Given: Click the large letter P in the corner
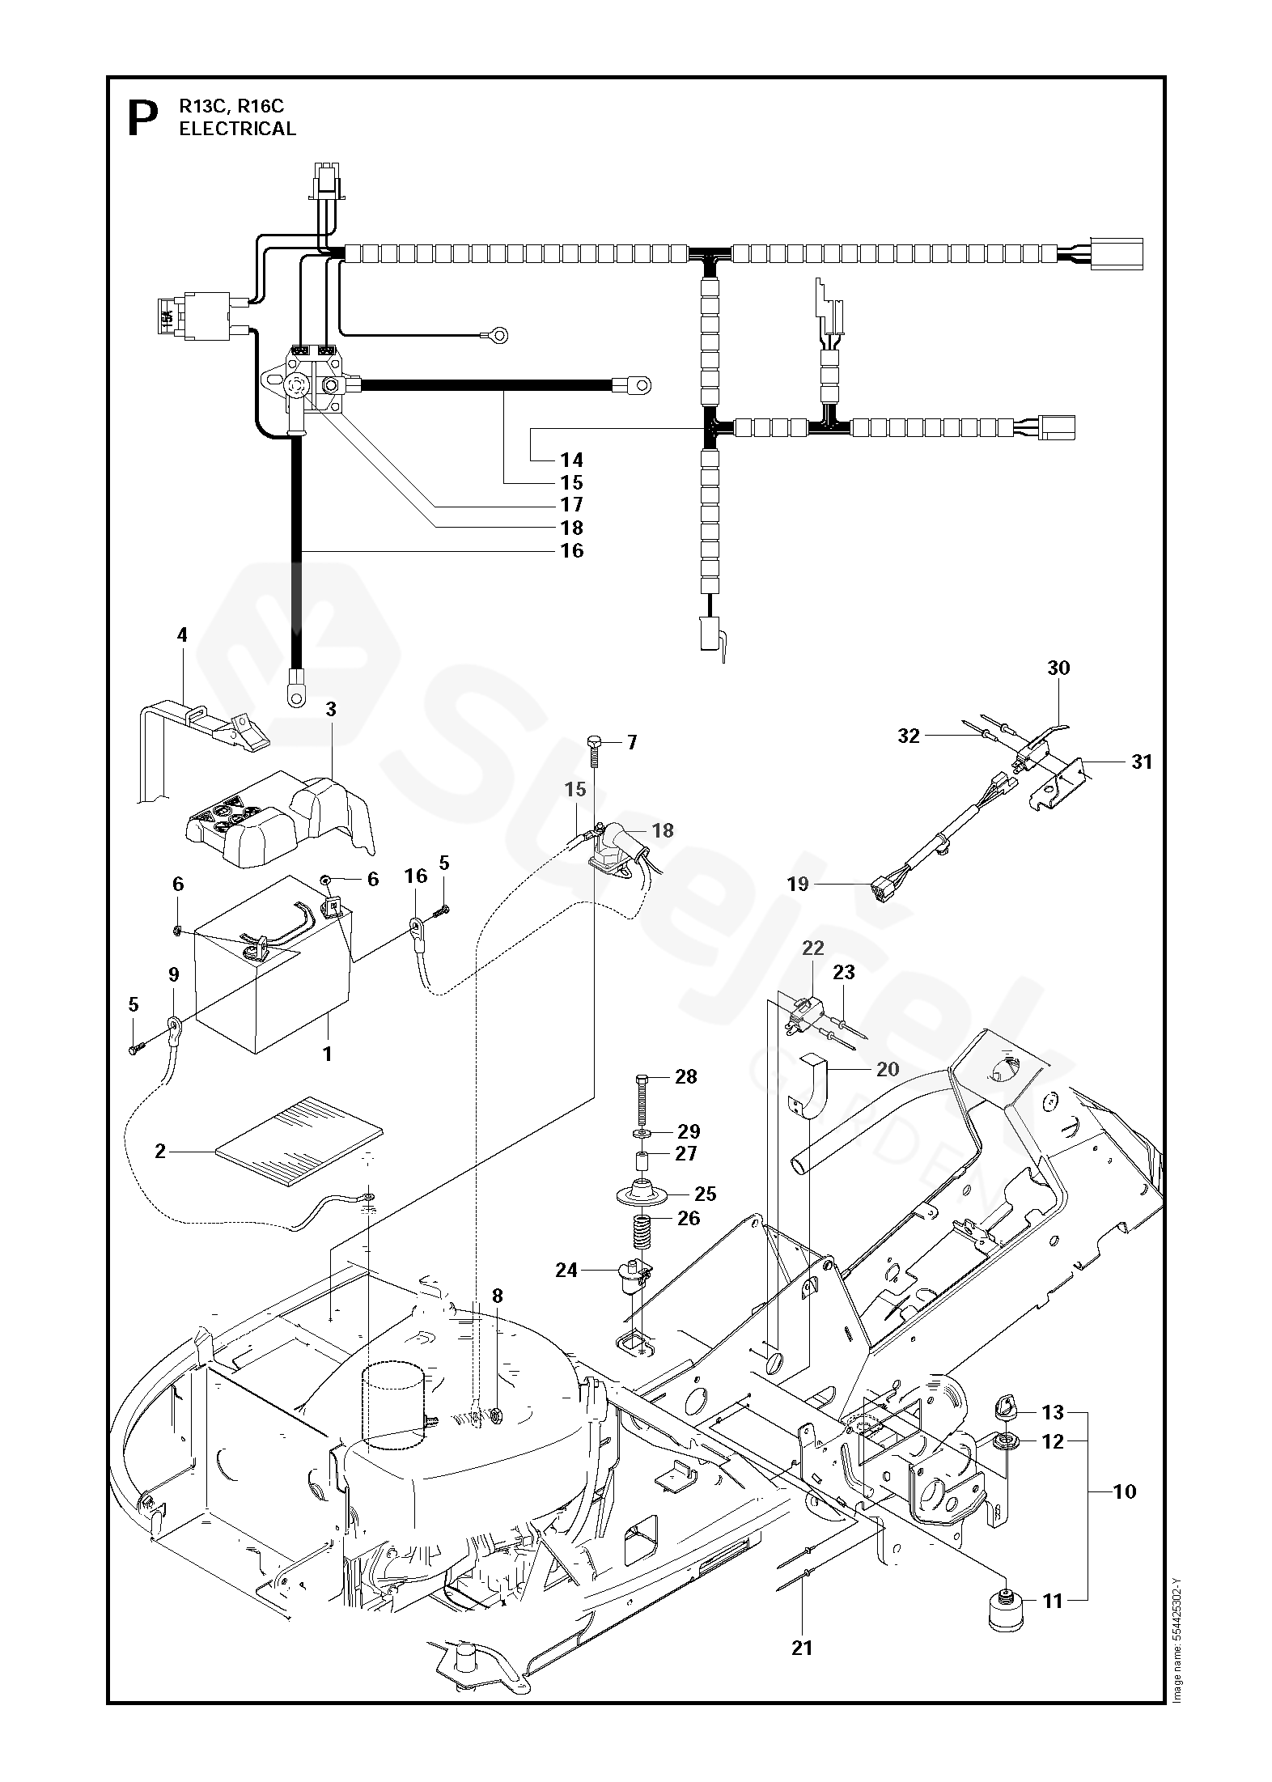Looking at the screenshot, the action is [x=142, y=120].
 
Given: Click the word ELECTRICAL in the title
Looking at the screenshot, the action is [x=238, y=129].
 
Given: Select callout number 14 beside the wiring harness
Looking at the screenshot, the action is [x=571, y=460].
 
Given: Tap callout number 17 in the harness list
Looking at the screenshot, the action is [x=571, y=505].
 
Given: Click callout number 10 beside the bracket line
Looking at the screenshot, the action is [x=1125, y=1491].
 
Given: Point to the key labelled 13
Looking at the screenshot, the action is [x=1005, y=1407].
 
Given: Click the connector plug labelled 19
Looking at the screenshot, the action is [x=882, y=891].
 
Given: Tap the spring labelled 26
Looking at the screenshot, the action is [x=641, y=1236].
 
